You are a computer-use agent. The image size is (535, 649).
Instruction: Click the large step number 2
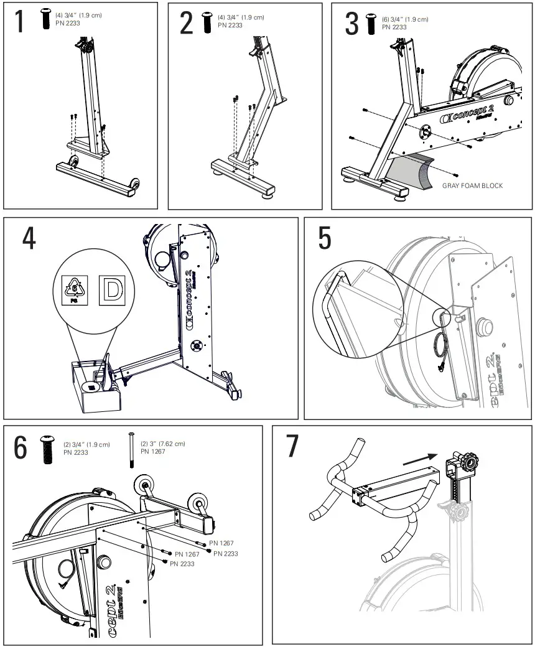click(x=187, y=22)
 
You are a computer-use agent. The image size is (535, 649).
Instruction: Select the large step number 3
click(x=352, y=22)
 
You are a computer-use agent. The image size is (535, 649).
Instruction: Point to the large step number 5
click(x=325, y=238)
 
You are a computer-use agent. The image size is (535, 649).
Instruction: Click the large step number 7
click(x=292, y=447)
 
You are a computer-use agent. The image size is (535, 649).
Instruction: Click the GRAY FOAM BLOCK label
click(x=472, y=185)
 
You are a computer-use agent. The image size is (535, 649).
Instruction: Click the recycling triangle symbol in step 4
click(x=75, y=290)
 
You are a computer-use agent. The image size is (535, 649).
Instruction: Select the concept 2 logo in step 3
click(x=471, y=116)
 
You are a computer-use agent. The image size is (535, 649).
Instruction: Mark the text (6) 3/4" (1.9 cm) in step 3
click(x=405, y=19)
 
